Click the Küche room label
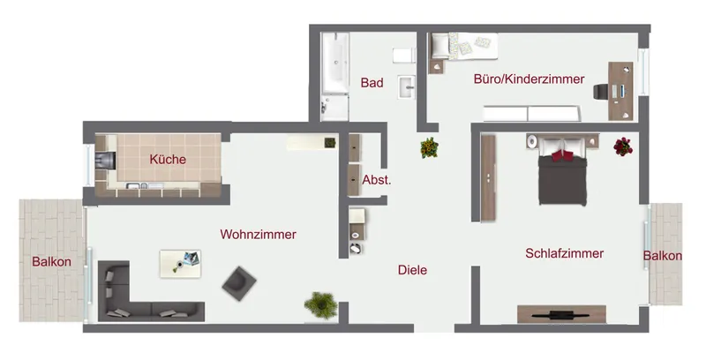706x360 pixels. click(x=168, y=160)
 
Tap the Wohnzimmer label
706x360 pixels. click(x=258, y=235)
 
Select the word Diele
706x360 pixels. click(x=412, y=270)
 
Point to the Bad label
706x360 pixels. click(x=372, y=83)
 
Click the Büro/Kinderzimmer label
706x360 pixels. click(x=529, y=79)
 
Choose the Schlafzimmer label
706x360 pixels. click(x=564, y=253)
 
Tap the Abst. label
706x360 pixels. click(x=377, y=180)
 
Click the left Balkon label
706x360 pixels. click(x=51, y=261)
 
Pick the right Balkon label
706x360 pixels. click(x=662, y=256)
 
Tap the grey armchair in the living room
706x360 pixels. click(x=237, y=282)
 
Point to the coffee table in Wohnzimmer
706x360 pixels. click(x=180, y=262)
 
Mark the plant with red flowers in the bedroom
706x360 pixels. click(x=623, y=146)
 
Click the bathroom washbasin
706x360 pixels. click(x=408, y=86)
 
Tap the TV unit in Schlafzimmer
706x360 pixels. click(x=561, y=313)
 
